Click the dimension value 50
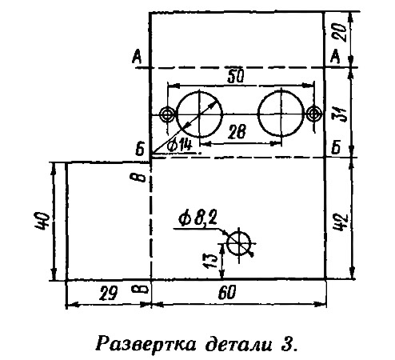[x=236, y=77]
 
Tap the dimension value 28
[x=237, y=131]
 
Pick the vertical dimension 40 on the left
[x=42, y=221]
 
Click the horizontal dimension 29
[x=108, y=294]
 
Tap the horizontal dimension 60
[x=227, y=293]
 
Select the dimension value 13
[x=210, y=261]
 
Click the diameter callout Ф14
[x=179, y=146]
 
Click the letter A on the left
[x=137, y=57]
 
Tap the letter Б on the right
[x=336, y=147]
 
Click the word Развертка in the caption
[x=146, y=344]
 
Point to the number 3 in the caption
[x=285, y=344]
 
